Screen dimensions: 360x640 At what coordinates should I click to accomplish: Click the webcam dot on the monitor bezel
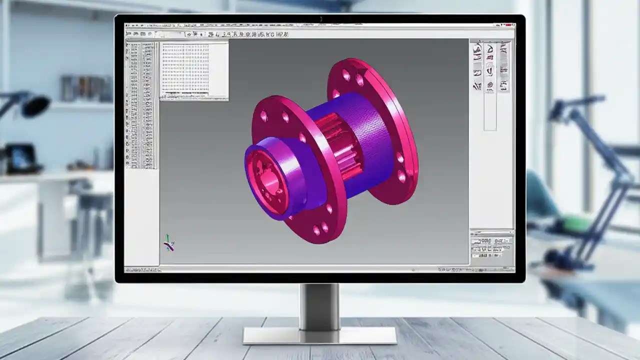pos(320,19)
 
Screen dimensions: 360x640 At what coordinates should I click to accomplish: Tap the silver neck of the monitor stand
pos(319,305)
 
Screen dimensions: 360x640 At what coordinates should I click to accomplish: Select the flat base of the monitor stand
pos(319,335)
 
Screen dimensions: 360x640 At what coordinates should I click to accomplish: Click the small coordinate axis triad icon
pos(169,243)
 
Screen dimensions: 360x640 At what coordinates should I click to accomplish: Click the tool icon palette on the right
pos(490,67)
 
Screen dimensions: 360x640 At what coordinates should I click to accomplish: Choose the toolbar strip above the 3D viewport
pos(210,34)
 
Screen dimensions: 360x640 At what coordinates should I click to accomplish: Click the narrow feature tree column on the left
pos(141,105)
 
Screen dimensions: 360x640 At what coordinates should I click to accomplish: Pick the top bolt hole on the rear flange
pos(346,75)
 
